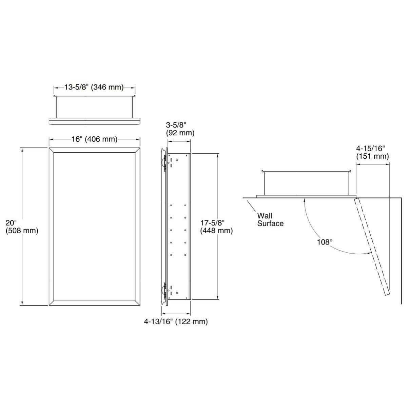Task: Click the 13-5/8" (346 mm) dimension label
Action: [x=94, y=87]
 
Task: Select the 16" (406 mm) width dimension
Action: [x=94, y=139]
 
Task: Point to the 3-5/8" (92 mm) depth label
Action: [x=180, y=129]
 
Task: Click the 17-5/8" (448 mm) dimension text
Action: [x=216, y=227]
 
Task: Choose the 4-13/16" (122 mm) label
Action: [x=176, y=321]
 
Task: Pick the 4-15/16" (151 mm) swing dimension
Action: [x=372, y=152]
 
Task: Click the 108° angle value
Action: [x=325, y=242]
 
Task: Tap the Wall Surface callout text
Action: [x=270, y=219]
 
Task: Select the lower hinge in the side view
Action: [x=164, y=290]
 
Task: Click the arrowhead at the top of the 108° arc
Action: [x=305, y=200]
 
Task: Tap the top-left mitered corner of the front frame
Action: [x=52, y=150]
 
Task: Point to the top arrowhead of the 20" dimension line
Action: [x=22, y=150]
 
